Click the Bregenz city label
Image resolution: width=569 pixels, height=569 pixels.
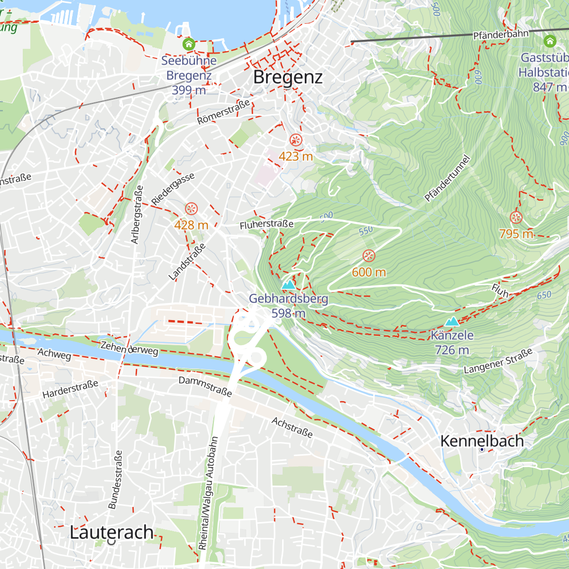point(288,77)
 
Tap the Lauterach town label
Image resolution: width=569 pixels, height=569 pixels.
point(111,532)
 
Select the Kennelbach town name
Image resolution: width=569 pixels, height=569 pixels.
point(482,441)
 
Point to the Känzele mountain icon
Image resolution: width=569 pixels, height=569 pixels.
point(452,321)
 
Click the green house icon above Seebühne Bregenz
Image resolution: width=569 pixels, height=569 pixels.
point(189,45)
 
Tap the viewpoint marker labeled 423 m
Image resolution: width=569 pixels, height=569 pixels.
point(296,140)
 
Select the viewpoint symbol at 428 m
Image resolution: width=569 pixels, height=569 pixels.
point(191,209)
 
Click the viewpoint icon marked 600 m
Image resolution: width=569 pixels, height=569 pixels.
point(369,256)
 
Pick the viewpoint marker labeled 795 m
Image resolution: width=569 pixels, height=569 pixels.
point(516,218)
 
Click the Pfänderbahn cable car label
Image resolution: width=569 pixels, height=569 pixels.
point(501,35)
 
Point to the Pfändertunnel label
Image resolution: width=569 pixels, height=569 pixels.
point(447,179)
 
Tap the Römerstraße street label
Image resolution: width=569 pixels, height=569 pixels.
point(223,112)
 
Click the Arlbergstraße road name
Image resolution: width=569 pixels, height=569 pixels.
point(137,214)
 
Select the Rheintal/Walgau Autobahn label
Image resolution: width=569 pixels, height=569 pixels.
point(209,493)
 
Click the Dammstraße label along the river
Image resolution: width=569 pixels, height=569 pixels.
point(205,386)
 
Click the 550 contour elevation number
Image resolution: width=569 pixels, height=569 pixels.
point(366,231)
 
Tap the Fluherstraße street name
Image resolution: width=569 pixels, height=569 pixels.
point(266,224)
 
